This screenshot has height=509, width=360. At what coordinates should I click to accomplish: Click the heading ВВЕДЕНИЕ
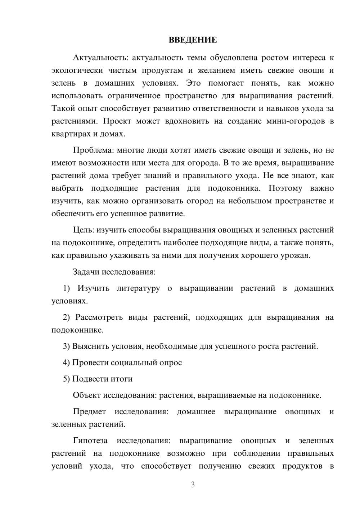click(x=193, y=40)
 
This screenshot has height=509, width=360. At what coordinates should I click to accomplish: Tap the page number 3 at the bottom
click(x=193, y=485)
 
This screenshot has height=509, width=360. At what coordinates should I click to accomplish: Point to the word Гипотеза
click(x=90, y=441)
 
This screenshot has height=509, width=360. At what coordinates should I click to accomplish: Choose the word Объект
click(x=87, y=395)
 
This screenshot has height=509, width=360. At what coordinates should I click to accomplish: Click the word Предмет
click(x=89, y=411)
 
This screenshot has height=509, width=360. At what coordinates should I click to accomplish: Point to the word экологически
click(x=75, y=71)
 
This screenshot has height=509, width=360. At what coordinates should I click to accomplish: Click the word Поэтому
click(x=286, y=188)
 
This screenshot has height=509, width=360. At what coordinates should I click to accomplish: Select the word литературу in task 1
click(x=138, y=288)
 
